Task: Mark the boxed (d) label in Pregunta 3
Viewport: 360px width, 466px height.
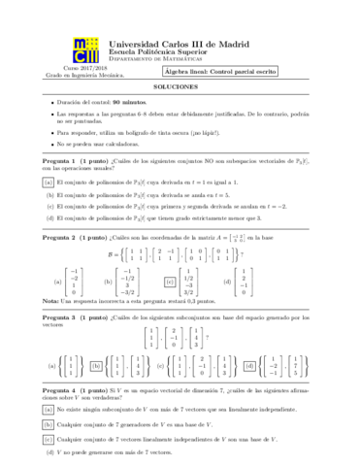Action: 251,394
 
